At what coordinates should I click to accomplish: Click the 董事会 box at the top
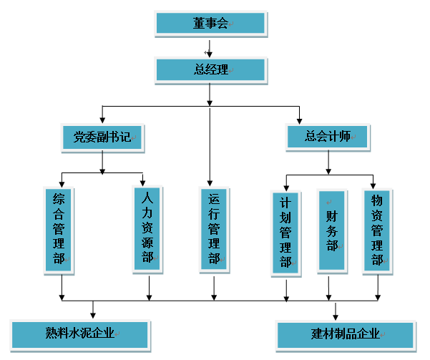pyautogui.click(x=210, y=24)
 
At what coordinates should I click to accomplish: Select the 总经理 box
pyautogui.click(x=210, y=69)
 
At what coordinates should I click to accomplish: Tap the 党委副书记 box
pyautogui.click(x=102, y=137)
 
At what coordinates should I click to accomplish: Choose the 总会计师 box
pyautogui.click(x=328, y=137)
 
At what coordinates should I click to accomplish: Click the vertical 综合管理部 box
pyautogui.click(x=59, y=229)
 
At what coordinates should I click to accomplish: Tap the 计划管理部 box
pyautogui.click(x=285, y=233)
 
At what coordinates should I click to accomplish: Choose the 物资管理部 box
pyautogui.click(x=377, y=230)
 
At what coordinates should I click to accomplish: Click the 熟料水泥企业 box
pyautogui.click(x=80, y=334)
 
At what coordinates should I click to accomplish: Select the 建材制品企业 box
pyautogui.click(x=345, y=334)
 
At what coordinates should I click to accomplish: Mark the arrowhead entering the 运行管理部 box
pyautogui.click(x=210, y=181)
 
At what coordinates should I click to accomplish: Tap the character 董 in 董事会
pyautogui.click(x=199, y=24)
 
